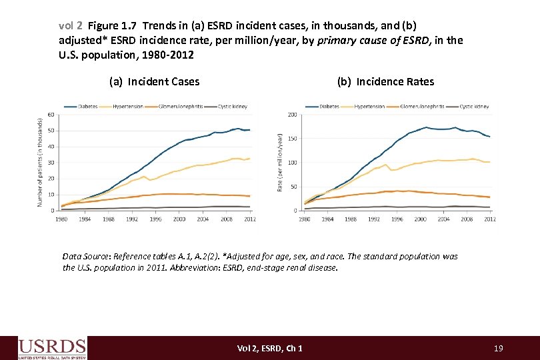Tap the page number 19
coord(498,348)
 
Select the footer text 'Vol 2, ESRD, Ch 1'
coord(269,348)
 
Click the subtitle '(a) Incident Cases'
coord(154,81)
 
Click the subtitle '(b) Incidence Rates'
coord(385,81)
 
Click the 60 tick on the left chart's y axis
coord(51,115)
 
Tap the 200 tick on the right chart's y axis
coord(292,115)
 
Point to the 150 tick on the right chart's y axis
coord(292,139)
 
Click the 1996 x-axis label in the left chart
coord(155,219)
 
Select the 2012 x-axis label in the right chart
coord(489,219)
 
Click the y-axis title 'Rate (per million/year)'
coord(279,162)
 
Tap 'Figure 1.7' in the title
coord(111,26)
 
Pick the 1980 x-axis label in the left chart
coord(61,219)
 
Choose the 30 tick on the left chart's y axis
coord(51,163)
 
